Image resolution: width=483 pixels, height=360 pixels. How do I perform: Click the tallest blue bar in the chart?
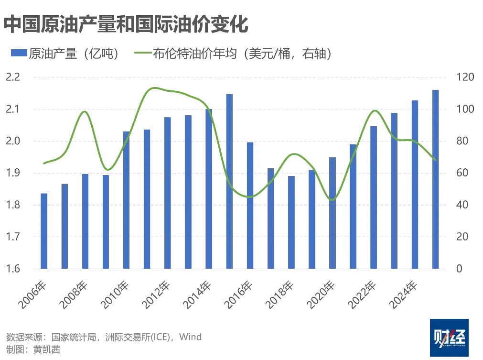[x=436, y=179]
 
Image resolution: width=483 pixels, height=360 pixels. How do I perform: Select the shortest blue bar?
[x=43, y=230]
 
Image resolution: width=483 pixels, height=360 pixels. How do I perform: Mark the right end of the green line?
[x=435, y=160]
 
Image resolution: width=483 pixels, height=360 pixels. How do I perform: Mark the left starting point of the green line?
[x=43, y=164]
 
